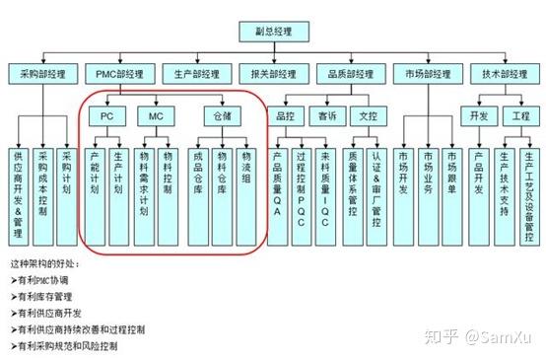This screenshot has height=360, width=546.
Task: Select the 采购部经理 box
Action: pyautogui.click(x=43, y=74)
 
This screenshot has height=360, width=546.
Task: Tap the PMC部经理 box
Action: pyautogui.click(x=119, y=74)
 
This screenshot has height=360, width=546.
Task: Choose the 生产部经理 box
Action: pyautogui.click(x=195, y=74)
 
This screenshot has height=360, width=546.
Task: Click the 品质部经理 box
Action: pyautogui.click(x=347, y=74)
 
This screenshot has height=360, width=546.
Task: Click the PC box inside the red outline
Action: pyautogui.click(x=106, y=115)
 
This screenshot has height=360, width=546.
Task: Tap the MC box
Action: pyautogui.click(x=156, y=115)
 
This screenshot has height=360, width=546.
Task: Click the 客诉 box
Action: pyautogui.click(x=326, y=115)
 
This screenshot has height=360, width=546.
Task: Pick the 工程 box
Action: pyautogui.click(x=520, y=115)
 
